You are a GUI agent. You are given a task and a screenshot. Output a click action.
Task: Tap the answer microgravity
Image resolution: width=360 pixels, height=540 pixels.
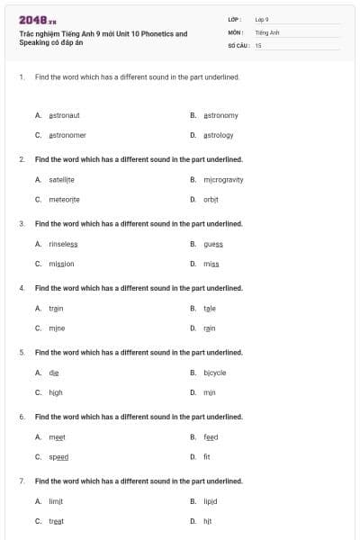[x=223, y=179]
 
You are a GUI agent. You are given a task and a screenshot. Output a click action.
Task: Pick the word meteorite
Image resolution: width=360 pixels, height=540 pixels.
[x=64, y=200]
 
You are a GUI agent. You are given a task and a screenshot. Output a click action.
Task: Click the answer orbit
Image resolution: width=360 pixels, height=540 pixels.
[x=211, y=200]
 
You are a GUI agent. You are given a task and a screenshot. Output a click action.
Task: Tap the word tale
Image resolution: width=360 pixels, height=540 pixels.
[x=209, y=308]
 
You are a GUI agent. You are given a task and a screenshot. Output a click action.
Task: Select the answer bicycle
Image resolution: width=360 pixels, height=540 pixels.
[x=214, y=373]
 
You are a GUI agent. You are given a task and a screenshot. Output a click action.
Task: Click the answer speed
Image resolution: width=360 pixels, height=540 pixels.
[x=58, y=457]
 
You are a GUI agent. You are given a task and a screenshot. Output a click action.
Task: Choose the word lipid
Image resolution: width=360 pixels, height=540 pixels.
[x=211, y=501]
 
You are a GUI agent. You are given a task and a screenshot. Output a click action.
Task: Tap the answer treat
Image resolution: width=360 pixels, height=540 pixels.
[x=56, y=521]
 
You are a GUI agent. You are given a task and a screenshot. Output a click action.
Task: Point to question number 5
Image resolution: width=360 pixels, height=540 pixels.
[x=22, y=352]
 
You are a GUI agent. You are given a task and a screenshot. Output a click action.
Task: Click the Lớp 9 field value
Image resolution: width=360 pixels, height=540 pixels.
[x=262, y=19]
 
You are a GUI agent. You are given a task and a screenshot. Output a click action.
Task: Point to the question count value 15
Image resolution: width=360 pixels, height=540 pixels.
[x=258, y=44]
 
